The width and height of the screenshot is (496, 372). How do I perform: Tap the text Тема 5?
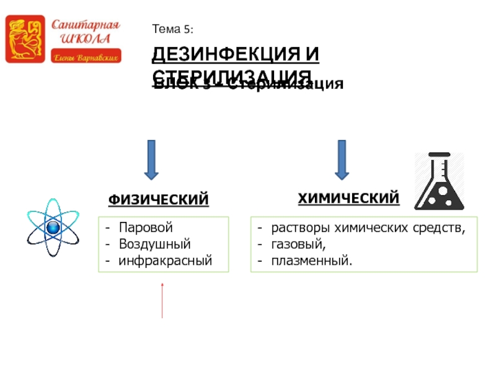pyautogui.click(x=173, y=29)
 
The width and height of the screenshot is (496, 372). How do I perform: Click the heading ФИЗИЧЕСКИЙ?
pyautogui.click(x=159, y=200)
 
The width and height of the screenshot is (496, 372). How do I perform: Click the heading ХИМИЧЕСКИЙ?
pyautogui.click(x=348, y=198)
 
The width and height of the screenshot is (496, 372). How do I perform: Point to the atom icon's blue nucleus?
pyautogui.click(x=53, y=228)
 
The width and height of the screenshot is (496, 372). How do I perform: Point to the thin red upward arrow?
pyautogui.click(x=162, y=300)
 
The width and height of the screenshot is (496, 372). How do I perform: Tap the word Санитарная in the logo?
pyautogui.click(x=85, y=26)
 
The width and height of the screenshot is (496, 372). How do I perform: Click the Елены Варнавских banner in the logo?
pyautogui.click(x=86, y=57)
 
